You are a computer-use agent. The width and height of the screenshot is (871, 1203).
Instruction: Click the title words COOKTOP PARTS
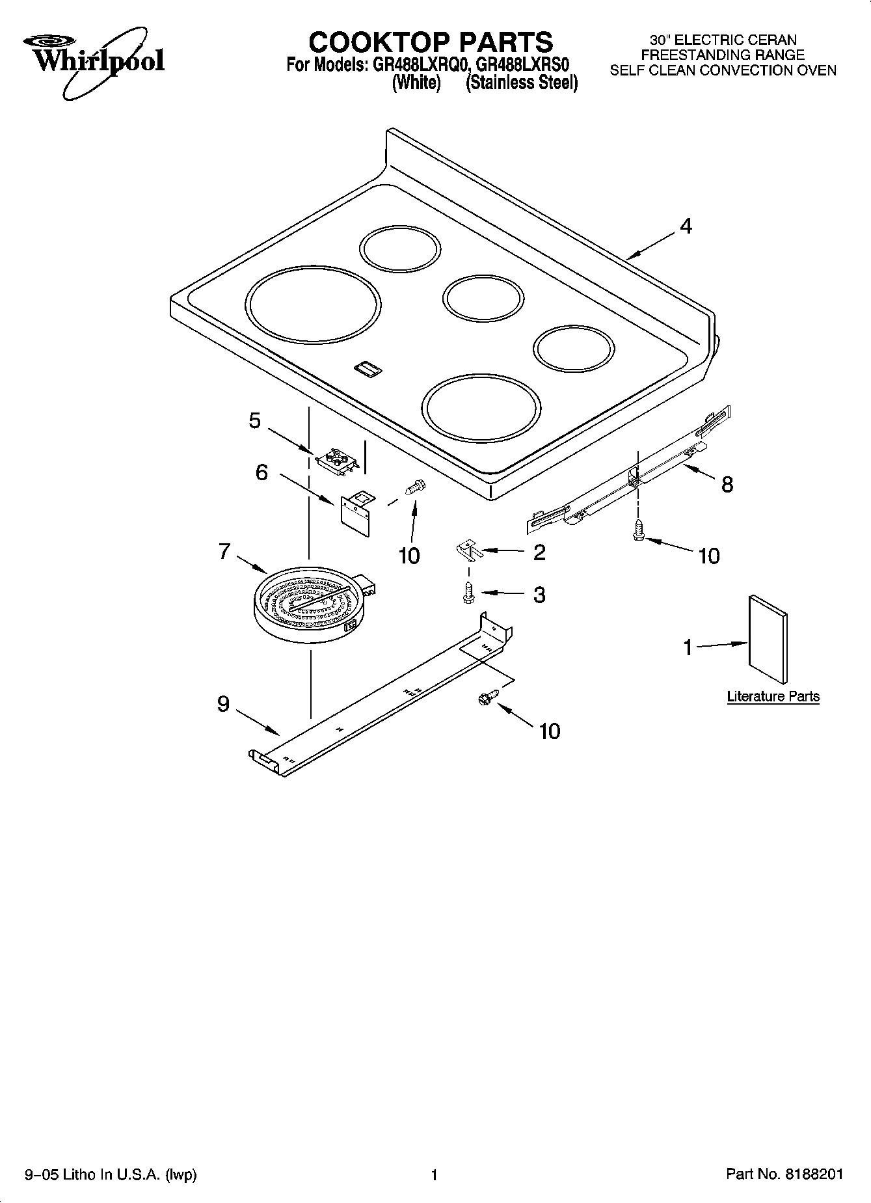(431, 42)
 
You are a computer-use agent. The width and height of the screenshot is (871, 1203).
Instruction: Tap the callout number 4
(686, 226)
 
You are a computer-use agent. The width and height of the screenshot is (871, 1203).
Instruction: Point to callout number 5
(255, 421)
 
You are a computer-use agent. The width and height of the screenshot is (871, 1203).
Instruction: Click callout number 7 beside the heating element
(224, 552)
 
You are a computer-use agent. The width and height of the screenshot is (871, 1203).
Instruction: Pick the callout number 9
(223, 703)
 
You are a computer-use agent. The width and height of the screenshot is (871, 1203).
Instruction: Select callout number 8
(727, 484)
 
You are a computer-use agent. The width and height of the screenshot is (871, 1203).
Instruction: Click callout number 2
(539, 552)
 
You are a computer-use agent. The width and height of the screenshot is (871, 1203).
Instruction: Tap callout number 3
(539, 595)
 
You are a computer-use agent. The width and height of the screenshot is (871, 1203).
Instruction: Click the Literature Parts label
(773, 697)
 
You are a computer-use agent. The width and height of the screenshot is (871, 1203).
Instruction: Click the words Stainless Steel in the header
(522, 83)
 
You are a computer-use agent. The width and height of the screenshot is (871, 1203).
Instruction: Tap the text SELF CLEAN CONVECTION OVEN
(723, 71)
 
